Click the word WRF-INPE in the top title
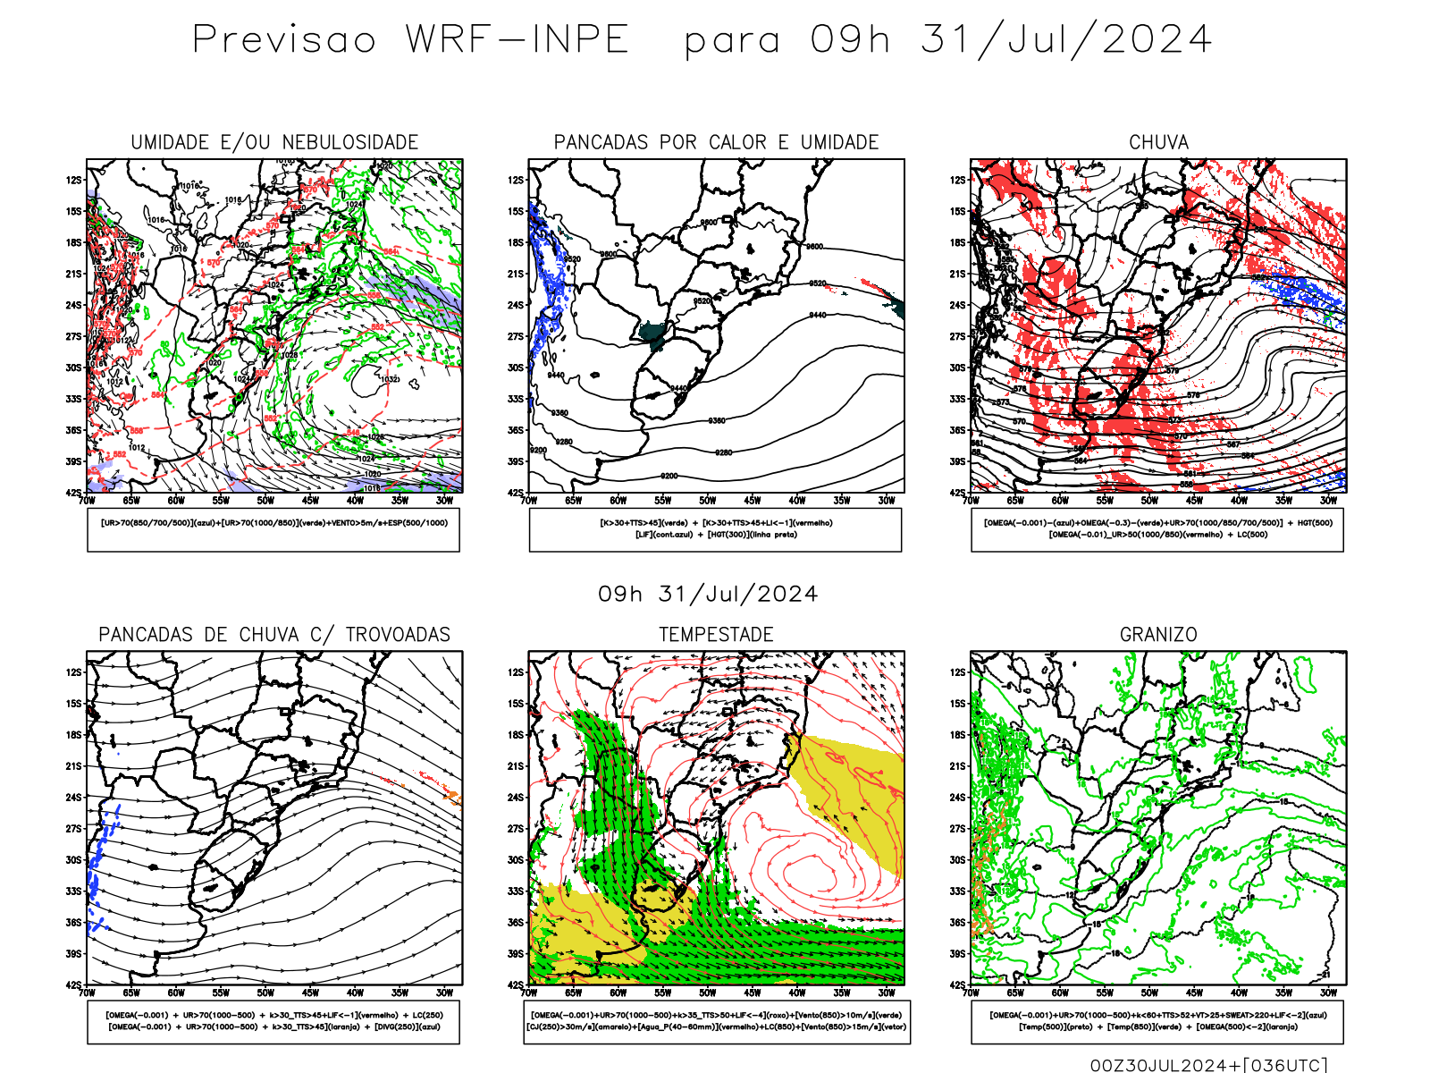(517, 39)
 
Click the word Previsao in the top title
(284, 39)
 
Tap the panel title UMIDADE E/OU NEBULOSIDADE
(274, 142)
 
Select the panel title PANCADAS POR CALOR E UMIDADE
(716, 142)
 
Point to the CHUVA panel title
(1158, 142)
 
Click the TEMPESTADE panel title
(716, 635)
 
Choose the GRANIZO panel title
(1158, 635)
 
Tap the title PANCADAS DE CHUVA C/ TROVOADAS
(274, 635)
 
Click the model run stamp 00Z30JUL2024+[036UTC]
(1208, 1065)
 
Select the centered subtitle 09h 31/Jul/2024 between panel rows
(708, 595)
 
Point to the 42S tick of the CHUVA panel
(958, 493)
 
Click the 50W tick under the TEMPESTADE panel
(708, 993)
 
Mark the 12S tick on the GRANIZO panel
(958, 672)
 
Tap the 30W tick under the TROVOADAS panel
(444, 993)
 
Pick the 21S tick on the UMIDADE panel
(73, 274)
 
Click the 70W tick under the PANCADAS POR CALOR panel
(529, 501)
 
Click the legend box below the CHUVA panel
(1157, 529)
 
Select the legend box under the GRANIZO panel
(1157, 1021)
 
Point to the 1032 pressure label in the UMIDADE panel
(390, 379)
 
